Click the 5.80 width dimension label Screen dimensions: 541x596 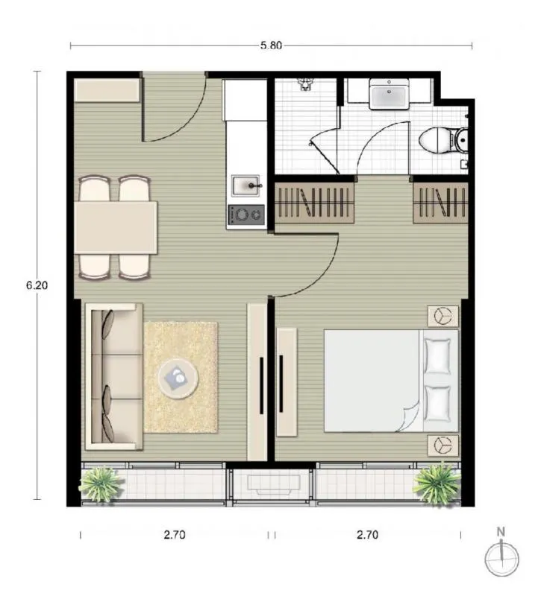(271, 45)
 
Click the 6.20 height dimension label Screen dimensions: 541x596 (37, 285)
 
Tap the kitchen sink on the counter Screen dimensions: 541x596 (246, 186)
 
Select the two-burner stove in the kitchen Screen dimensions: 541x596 (246, 215)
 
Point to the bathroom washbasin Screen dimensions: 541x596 (389, 95)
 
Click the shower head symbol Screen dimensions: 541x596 (305, 84)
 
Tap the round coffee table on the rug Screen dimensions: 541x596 (178, 378)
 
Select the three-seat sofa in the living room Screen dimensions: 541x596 (114, 377)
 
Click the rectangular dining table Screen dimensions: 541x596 (116, 227)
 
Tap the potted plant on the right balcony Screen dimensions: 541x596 (437, 484)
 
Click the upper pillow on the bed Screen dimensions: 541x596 (437, 357)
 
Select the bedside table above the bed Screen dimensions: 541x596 (443, 316)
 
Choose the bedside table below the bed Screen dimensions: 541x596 (443, 445)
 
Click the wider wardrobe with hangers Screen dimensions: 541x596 (314, 203)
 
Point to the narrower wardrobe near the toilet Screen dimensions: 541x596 (440, 203)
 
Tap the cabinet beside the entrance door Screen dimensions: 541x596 (107, 90)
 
